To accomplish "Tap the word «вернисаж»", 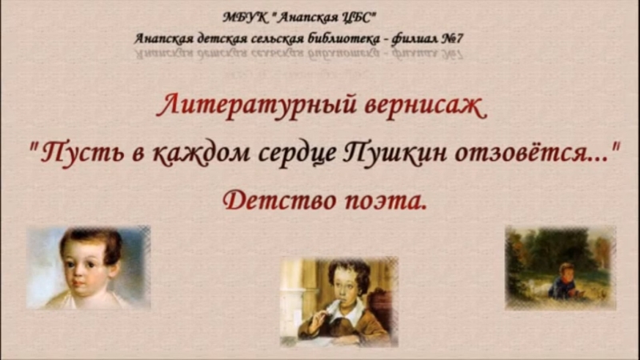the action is coord(426,107).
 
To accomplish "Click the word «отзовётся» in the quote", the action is coord(523,152).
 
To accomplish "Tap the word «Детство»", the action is coord(279,201).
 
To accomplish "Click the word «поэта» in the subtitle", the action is coord(382,202).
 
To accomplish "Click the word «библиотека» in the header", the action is coord(344,38).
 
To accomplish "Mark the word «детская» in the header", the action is coord(222,39).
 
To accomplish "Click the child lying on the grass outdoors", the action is coord(563,282).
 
